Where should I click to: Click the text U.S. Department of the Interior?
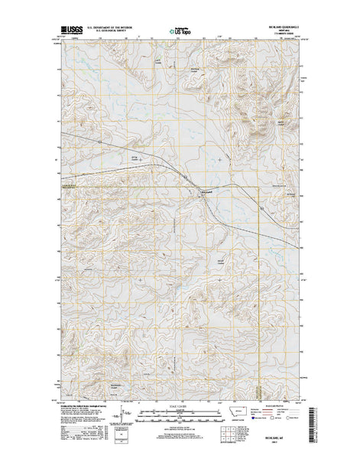[120, 27]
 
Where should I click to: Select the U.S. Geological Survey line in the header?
[120, 31]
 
